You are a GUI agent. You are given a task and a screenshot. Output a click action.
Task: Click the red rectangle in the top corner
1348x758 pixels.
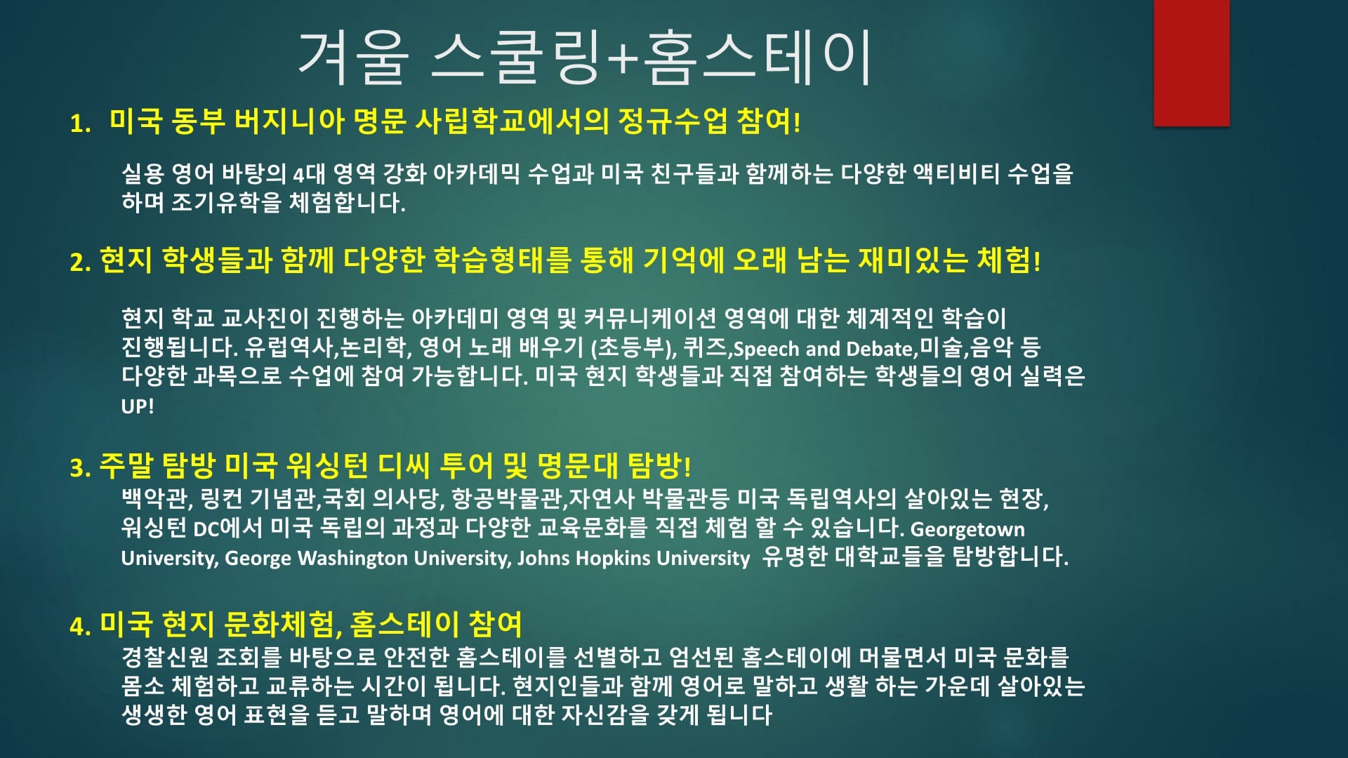[1191, 63]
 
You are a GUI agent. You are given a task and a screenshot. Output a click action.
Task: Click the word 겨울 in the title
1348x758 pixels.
[353, 58]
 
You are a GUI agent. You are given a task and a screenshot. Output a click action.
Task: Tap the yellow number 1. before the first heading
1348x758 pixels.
[80, 124]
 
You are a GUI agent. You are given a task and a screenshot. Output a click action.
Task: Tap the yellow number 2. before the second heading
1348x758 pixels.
[80, 262]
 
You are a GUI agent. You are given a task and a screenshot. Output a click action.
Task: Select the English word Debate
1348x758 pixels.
[879, 348]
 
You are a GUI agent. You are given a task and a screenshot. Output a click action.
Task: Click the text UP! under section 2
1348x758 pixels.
[137, 406]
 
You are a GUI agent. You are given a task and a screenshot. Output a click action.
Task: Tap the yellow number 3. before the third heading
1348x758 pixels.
[80, 468]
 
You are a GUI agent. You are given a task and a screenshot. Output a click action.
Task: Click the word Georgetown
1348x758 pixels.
[967, 529]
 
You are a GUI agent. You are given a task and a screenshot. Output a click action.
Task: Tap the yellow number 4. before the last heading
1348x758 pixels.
[80, 626]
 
